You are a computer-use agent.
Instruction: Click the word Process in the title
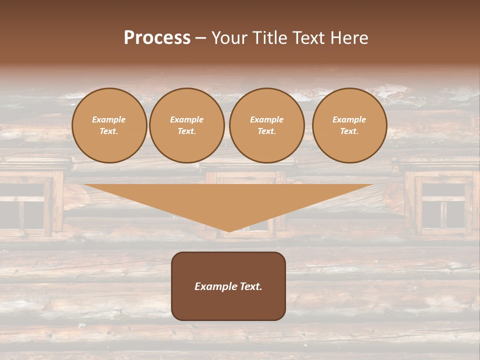point(157,38)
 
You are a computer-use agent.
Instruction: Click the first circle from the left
point(109,125)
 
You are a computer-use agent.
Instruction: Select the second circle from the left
point(187,125)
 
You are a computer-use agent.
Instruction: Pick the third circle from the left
point(267,125)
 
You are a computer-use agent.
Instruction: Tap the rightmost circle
point(349,125)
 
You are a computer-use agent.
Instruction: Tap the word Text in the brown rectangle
point(250,286)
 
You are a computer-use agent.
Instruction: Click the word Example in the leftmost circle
point(109,120)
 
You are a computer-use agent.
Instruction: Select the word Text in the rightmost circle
point(349,131)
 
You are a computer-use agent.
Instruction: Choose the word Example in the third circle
point(267,120)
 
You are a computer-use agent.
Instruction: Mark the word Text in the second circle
point(187,131)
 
